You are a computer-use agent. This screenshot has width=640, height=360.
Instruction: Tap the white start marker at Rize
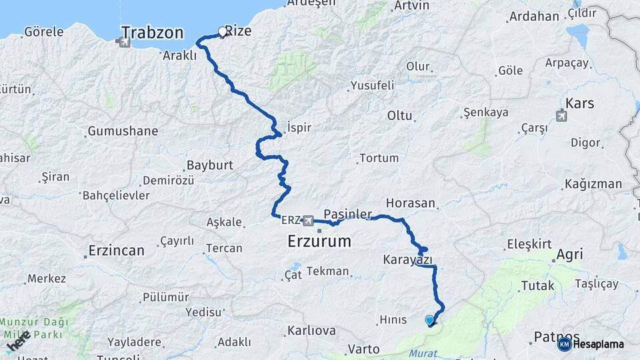(223, 31)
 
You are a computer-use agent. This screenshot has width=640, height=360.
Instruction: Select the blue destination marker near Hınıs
(429, 321)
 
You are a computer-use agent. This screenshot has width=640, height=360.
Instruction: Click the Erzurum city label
(319, 241)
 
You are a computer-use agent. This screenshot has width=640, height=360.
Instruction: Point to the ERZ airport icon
(308, 220)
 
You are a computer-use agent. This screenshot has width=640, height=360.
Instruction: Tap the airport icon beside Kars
(561, 116)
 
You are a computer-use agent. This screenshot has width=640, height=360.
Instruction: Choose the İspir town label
(299, 127)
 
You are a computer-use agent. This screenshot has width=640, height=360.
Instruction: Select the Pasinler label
(347, 213)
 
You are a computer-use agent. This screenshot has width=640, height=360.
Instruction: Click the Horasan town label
(412, 203)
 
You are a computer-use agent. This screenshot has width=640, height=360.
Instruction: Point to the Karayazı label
(408, 259)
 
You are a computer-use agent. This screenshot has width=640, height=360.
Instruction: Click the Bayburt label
(209, 165)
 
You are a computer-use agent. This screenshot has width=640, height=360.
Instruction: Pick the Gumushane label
(123, 131)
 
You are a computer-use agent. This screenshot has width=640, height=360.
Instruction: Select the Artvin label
(411, 5)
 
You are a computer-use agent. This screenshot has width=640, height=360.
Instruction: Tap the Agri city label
(569, 254)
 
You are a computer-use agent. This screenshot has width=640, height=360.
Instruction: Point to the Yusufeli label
(371, 85)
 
